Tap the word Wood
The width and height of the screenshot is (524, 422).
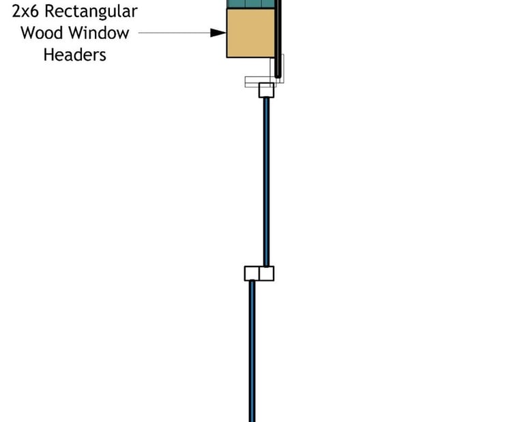tap(42, 33)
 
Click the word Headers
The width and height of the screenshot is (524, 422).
tap(75, 55)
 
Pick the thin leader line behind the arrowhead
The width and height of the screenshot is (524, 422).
tap(174, 32)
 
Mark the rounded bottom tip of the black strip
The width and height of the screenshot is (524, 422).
tap(278, 76)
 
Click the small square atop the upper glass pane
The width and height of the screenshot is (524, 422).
tap(266, 90)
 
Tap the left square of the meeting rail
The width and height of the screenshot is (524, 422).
tap(252, 273)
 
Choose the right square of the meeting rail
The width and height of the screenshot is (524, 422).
tap(267, 273)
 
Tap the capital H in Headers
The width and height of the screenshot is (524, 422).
tap(48, 55)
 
